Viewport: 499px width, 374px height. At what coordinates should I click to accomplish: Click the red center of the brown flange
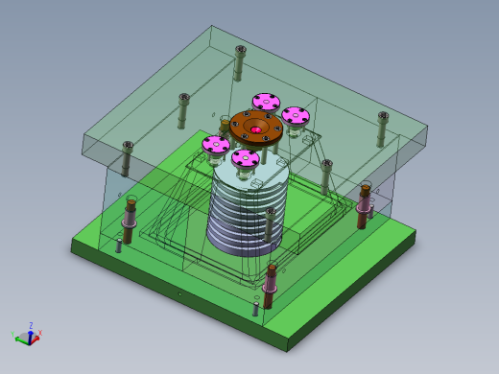256,129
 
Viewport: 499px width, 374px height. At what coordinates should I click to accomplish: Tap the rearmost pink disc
266,101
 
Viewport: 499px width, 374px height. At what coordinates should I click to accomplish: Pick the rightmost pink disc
295,116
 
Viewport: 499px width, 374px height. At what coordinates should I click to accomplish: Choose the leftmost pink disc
216,145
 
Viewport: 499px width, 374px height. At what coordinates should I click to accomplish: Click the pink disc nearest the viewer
246,158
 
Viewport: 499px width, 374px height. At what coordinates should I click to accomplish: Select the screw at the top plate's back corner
240,50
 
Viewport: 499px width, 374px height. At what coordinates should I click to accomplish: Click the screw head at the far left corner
127,146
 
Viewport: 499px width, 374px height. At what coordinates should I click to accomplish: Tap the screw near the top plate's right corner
383,116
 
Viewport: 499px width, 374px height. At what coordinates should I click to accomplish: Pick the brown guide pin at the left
130,221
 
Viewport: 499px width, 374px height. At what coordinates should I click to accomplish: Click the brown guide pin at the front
270,284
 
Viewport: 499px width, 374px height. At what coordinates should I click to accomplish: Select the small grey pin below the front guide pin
256,305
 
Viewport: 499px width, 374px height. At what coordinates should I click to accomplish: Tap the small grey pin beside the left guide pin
119,245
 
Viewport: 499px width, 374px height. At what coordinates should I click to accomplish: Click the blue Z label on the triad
31,325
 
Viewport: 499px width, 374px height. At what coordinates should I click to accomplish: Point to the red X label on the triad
39,332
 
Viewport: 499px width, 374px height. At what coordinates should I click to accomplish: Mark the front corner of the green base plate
287,349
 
